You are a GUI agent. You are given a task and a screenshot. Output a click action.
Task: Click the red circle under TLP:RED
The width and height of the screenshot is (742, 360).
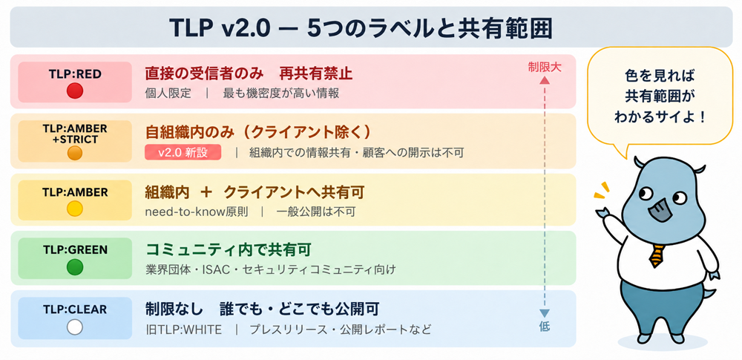click(x=75, y=91)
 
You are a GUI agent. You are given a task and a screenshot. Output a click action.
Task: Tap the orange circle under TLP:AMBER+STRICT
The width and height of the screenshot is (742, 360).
click(x=75, y=153)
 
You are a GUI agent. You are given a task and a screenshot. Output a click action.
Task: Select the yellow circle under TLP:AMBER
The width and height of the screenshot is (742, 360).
click(x=75, y=209)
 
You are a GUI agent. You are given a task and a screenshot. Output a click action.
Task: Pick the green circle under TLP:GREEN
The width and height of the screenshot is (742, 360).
click(x=75, y=267)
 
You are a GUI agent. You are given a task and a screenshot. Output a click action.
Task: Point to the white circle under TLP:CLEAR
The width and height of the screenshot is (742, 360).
click(x=75, y=327)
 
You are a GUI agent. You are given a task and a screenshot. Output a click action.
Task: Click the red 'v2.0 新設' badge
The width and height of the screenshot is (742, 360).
click(x=183, y=152)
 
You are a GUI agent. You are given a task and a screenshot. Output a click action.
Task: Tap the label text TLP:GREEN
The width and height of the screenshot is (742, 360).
click(x=75, y=249)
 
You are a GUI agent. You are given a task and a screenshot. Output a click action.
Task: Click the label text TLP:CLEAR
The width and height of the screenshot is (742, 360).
click(x=75, y=310)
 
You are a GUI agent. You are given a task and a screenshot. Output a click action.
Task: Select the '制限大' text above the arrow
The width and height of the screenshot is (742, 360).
click(x=544, y=67)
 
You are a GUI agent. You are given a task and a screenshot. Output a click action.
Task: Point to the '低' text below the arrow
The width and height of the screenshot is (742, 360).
click(x=544, y=327)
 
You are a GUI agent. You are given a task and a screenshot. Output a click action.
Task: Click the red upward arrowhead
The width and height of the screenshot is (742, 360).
click(x=544, y=80)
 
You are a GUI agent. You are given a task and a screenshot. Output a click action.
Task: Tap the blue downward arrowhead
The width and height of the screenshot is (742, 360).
click(x=544, y=312)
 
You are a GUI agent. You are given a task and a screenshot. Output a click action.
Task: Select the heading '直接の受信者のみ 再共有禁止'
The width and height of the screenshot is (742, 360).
click(x=249, y=74)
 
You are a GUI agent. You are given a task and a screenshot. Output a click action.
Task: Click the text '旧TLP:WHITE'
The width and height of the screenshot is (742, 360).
click(x=183, y=330)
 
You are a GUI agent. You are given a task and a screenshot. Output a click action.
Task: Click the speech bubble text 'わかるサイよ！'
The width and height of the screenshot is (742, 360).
click(x=660, y=117)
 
